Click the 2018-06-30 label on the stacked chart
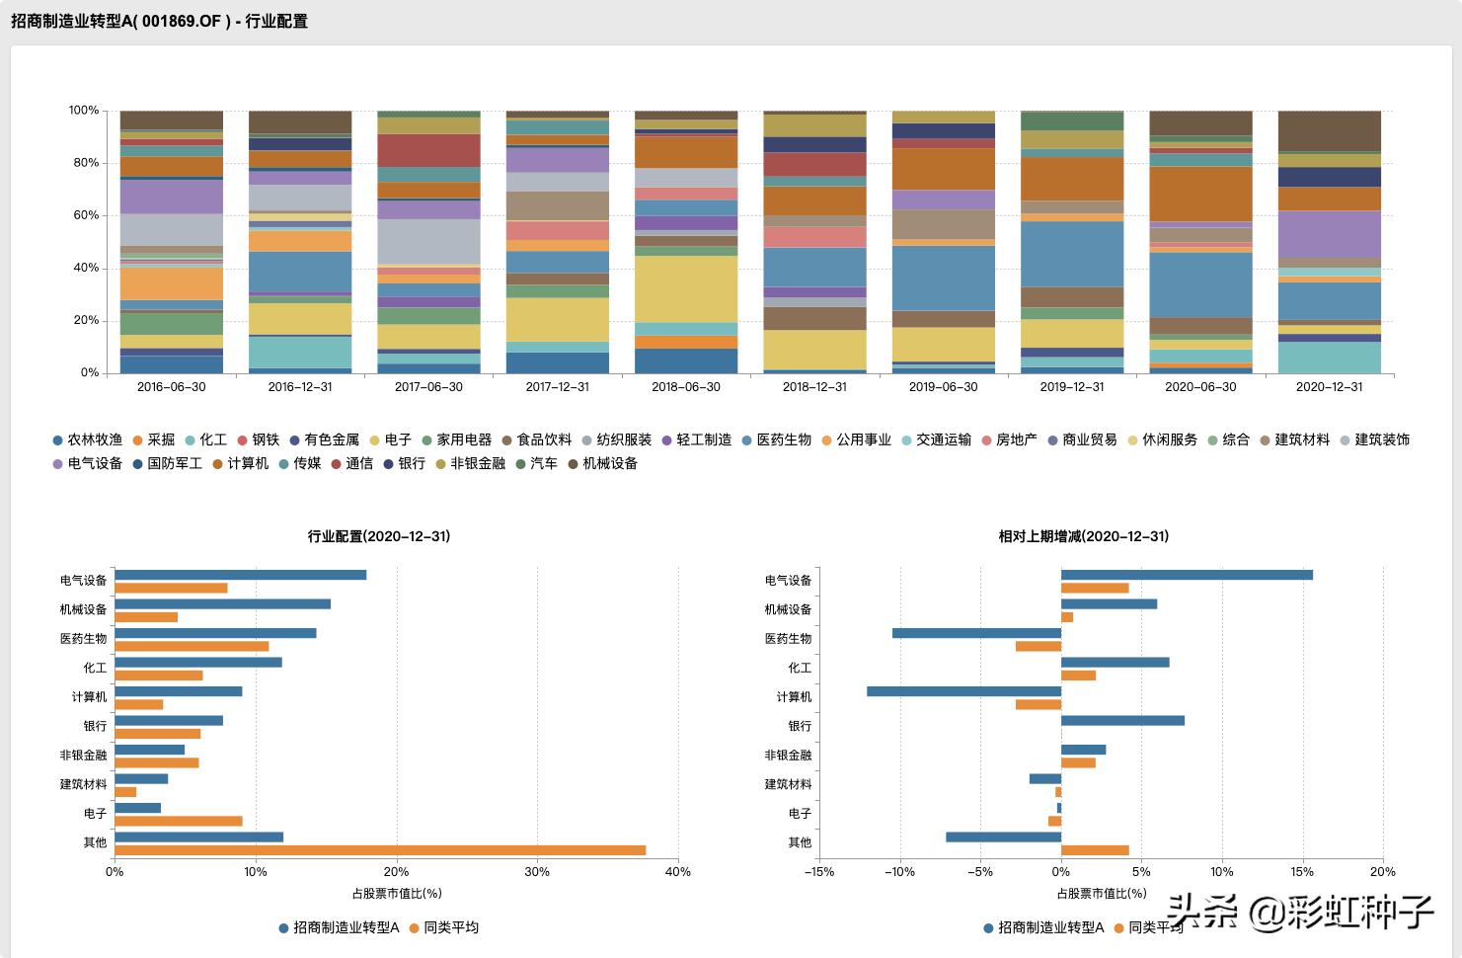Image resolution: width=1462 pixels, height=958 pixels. (x=686, y=387)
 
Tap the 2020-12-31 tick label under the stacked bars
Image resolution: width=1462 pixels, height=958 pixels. (x=1329, y=387)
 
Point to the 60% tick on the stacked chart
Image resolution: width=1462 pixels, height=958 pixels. (x=84, y=215)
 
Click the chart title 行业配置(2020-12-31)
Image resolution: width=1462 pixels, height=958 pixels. (x=379, y=536)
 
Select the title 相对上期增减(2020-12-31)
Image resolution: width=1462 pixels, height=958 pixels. (x=1083, y=536)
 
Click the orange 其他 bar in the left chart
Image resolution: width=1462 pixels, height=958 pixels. (x=380, y=850)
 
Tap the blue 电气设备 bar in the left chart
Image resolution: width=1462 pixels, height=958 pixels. (x=241, y=575)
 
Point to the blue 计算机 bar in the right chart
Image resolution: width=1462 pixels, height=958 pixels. (x=963, y=691)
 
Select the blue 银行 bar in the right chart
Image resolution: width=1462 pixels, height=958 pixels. (x=1122, y=721)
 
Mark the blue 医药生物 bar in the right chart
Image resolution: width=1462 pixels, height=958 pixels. (x=976, y=633)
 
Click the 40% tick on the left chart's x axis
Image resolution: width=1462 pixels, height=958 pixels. (x=678, y=872)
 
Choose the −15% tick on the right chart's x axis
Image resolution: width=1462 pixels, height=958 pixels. (x=819, y=872)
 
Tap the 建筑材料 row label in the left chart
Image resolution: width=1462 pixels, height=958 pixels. (x=83, y=784)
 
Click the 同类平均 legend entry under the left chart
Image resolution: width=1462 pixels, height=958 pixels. (x=451, y=927)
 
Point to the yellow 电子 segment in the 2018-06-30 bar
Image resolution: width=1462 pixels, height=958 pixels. (x=686, y=288)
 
